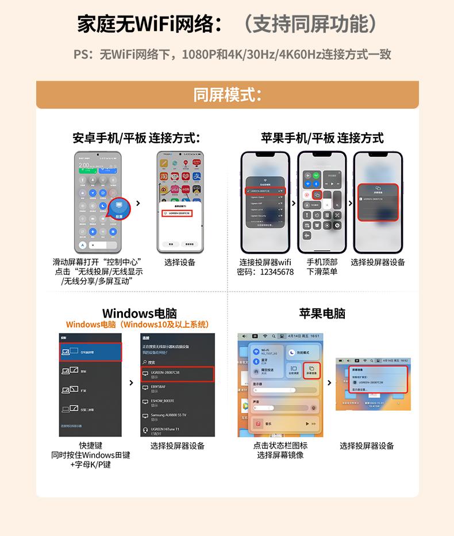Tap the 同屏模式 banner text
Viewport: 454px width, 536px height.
pos(227,94)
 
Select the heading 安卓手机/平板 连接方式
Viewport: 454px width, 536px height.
pos(136,138)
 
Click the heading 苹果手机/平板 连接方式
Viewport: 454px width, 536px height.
pos(322,138)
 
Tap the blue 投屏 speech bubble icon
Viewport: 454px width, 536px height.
pos(119,208)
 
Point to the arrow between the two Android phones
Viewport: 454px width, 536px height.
pos(138,202)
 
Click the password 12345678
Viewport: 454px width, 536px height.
pos(276,272)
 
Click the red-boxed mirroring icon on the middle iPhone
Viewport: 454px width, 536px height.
pos(317,195)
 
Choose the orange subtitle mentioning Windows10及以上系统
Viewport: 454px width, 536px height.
pos(137,325)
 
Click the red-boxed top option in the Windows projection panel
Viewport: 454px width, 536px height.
pos(90,351)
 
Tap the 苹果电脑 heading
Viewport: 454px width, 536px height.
pos(322,313)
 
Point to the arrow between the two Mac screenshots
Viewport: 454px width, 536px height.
pos(329,382)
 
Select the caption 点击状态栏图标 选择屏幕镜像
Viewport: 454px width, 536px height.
pos(280,450)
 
